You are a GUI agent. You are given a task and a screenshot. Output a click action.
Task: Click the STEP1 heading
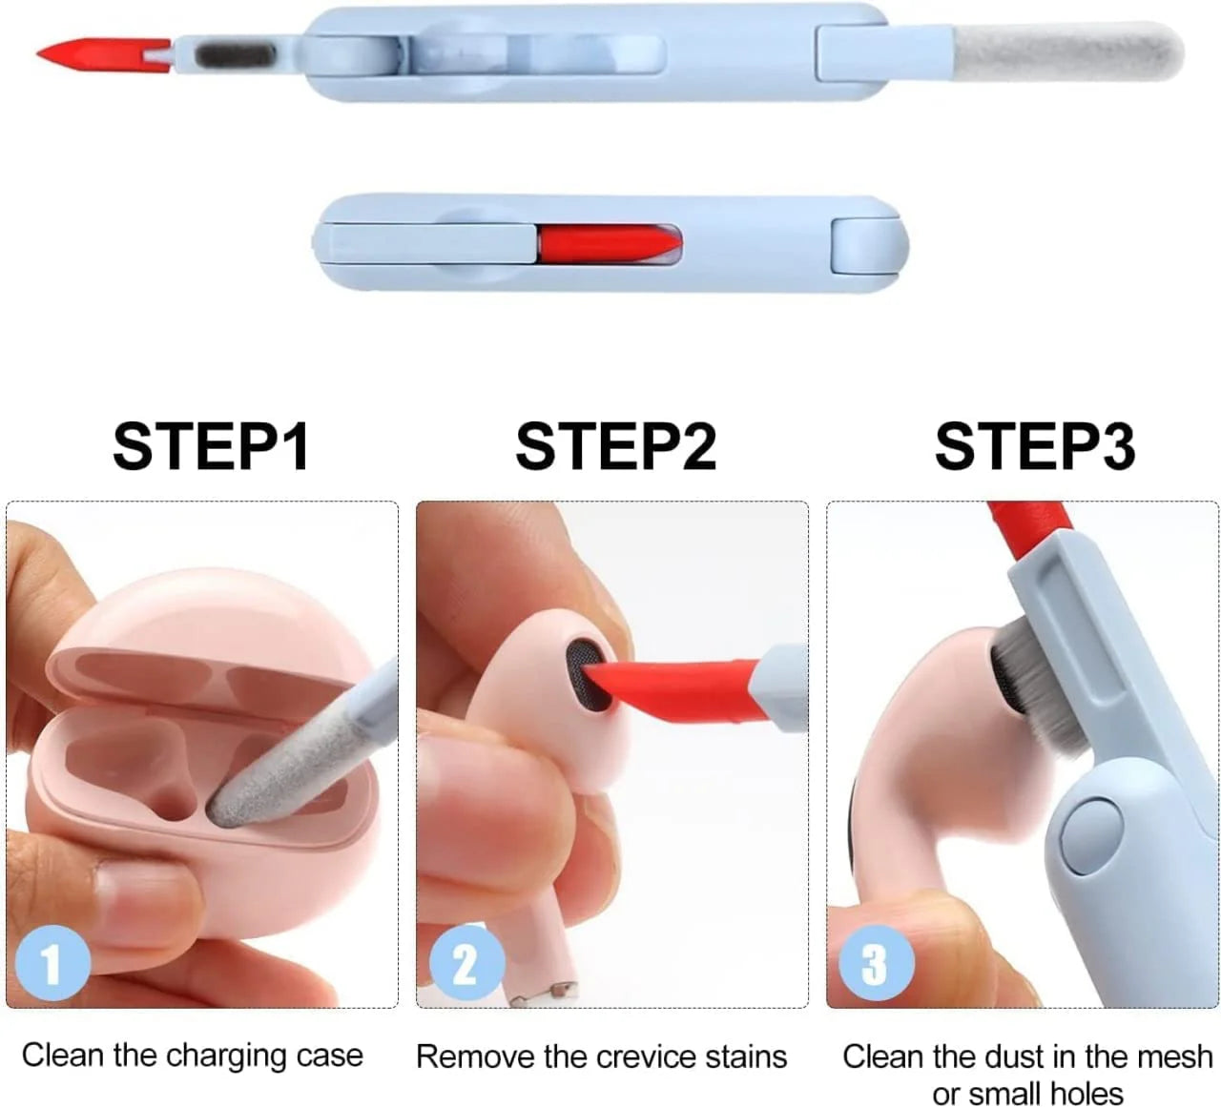(211, 445)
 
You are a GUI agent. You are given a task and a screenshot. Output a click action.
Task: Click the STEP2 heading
(615, 445)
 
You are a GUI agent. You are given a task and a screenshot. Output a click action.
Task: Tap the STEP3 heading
(1035, 445)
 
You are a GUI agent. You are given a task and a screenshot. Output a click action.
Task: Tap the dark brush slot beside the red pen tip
(235, 56)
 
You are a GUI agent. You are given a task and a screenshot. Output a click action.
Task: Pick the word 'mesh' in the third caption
(1174, 1056)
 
